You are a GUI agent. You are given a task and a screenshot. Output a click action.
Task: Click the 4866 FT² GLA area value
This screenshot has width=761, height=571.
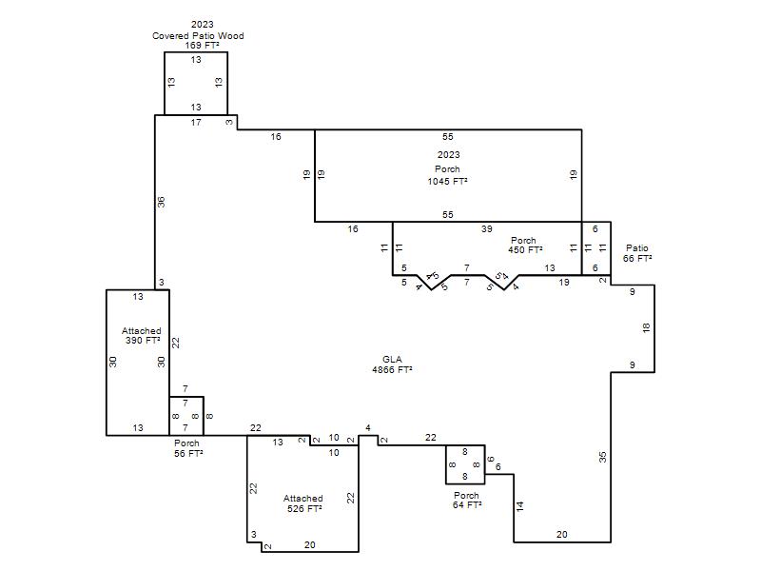click(392, 370)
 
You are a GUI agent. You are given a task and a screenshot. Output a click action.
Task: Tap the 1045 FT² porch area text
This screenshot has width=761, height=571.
click(447, 181)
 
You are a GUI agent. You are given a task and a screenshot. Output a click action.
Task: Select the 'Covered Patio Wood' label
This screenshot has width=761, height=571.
click(198, 35)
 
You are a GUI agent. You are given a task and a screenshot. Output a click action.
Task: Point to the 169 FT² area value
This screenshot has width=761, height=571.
click(202, 45)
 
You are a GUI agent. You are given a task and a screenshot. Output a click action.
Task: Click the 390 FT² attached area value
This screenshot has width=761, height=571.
click(143, 341)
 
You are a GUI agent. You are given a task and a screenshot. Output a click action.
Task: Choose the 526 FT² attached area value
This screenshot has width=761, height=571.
click(304, 508)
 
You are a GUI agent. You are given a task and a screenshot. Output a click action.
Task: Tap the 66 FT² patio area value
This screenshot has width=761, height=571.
click(637, 258)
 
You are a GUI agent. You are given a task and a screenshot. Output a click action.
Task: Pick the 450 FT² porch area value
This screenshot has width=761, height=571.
click(525, 250)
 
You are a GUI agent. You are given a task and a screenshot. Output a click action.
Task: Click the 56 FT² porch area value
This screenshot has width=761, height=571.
click(188, 453)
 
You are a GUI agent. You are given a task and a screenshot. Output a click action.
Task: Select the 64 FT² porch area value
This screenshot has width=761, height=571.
click(467, 505)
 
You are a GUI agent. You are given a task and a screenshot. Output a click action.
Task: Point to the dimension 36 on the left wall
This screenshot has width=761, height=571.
click(161, 202)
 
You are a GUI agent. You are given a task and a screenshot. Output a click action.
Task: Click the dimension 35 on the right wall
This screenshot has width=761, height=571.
click(603, 457)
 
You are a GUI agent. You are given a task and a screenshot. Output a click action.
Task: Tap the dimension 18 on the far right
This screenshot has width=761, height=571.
click(646, 328)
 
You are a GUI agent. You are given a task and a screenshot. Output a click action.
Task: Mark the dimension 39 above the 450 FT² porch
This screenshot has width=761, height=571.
click(487, 228)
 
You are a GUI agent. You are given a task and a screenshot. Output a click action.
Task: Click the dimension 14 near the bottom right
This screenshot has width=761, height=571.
click(520, 506)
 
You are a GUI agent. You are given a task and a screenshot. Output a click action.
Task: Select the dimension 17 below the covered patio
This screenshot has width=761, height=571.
click(196, 123)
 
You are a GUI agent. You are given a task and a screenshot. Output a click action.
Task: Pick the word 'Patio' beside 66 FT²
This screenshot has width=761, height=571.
click(636, 248)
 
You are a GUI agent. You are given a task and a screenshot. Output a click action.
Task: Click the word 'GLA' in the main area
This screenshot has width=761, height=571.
click(392, 360)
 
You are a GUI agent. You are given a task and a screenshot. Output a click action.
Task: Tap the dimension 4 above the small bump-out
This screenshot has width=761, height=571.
click(368, 427)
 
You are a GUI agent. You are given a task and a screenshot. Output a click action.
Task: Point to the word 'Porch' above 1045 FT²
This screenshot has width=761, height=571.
click(447, 169)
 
